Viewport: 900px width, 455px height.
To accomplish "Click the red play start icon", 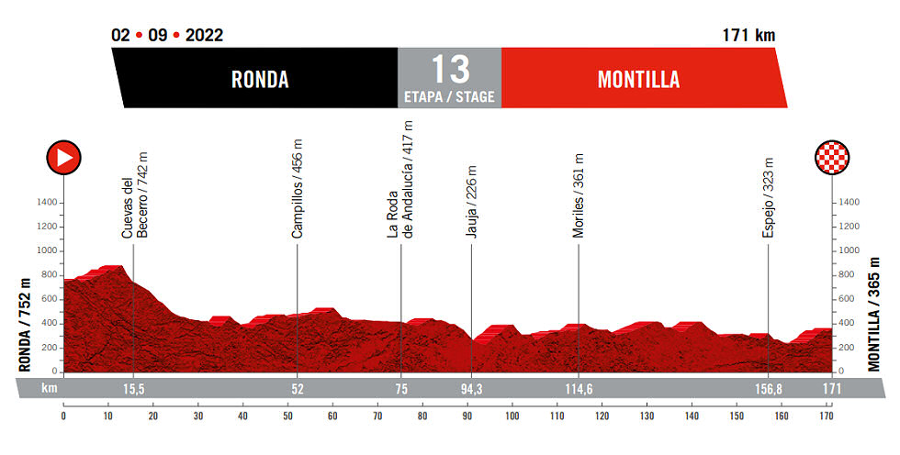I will click(x=64, y=158).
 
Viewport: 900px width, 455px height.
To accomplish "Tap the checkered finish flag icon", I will click(x=832, y=158).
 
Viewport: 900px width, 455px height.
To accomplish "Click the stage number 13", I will click(x=449, y=70).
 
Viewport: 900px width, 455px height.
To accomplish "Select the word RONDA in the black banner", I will click(x=259, y=80).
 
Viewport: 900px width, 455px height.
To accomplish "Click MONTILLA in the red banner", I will click(x=638, y=80).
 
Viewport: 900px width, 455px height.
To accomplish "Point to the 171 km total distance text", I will click(x=749, y=36).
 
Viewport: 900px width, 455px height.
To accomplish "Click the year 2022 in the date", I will click(x=204, y=36).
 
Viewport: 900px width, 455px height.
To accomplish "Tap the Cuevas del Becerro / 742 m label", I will click(x=134, y=194).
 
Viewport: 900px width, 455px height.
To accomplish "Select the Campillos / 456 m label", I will click(x=298, y=190).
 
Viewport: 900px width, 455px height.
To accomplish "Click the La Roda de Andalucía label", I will click(x=400, y=179).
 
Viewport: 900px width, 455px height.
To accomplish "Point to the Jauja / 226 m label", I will click(x=471, y=202).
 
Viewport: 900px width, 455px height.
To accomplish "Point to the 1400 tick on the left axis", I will click(x=47, y=203).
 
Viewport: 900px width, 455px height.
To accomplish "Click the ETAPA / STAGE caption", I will click(x=449, y=96).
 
